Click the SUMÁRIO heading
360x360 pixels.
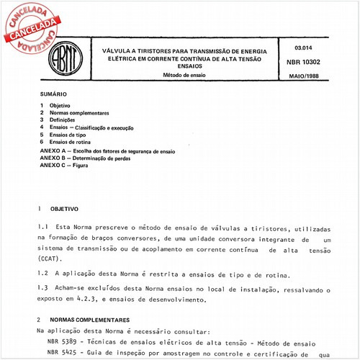click(x=53, y=94)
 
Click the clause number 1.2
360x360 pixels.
click(x=42, y=274)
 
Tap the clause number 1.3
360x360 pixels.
click(x=42, y=289)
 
